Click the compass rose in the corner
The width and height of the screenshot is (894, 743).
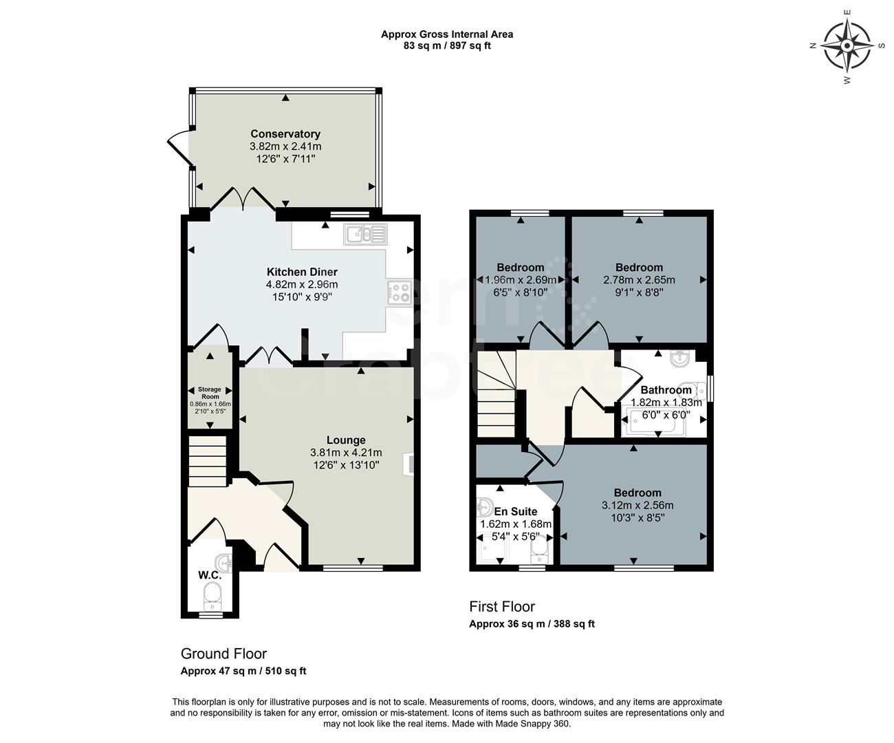pos(847,46)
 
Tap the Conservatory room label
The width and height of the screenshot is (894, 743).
pos(285,133)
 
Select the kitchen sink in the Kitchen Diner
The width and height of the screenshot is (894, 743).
pos(367,235)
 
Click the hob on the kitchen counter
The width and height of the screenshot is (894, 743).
pos(399,294)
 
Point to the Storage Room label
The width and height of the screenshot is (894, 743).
pos(210,393)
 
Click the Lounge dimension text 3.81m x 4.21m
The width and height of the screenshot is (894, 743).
pos(345,453)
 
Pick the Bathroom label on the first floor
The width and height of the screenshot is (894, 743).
pos(666,390)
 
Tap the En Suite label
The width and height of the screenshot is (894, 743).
pos(515,511)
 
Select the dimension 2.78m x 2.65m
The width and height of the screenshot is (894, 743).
pos(639,280)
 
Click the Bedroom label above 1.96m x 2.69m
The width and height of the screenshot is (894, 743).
pos(520,268)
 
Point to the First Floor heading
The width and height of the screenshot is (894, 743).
pos(501,606)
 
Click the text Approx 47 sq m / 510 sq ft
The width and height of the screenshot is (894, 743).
pos(243,671)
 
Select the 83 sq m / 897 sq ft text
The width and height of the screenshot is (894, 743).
pos(447,46)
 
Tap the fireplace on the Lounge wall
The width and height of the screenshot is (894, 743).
pos(410,464)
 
